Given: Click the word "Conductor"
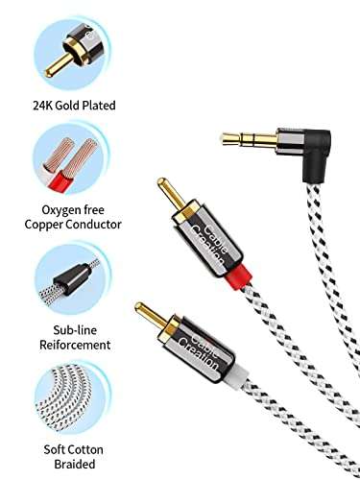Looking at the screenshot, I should (x=101, y=224).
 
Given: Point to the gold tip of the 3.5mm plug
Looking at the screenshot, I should (x=222, y=137).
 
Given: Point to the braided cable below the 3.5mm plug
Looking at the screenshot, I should (x=318, y=288).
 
